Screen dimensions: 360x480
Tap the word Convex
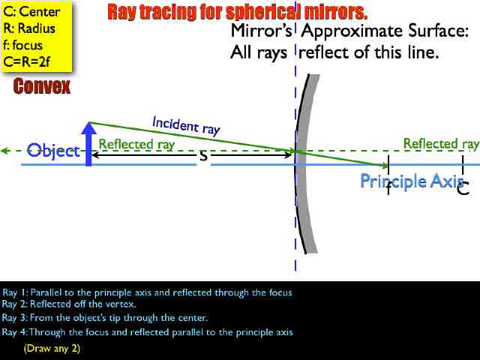tap(42, 87)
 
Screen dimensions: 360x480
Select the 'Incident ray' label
tap(186, 125)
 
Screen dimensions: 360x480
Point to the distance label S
tap(202, 156)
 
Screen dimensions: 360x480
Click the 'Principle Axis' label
tap(411, 181)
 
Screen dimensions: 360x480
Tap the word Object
tap(52, 151)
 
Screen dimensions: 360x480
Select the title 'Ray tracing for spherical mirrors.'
tap(238, 12)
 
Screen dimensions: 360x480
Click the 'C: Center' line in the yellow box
tap(32, 12)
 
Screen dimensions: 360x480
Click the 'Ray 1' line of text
tap(147, 292)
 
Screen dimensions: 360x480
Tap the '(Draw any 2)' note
tap(52, 349)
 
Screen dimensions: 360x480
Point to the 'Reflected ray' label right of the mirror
tap(441, 143)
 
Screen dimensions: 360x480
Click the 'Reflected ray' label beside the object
tap(136, 144)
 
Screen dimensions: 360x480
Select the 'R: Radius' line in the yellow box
tap(29, 28)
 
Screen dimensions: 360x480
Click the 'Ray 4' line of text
tap(147, 332)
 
